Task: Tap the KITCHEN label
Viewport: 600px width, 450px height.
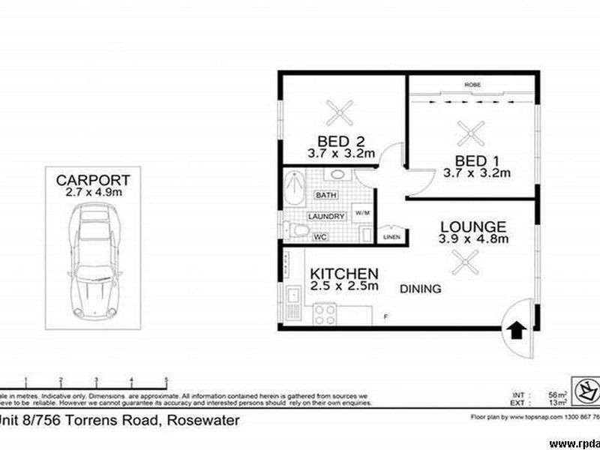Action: tap(344, 274)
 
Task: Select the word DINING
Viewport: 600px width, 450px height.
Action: tap(420, 289)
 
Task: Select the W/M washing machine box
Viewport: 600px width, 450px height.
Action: tap(362, 213)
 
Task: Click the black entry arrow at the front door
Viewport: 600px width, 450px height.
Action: tap(517, 330)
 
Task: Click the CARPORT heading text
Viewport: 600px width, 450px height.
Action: tap(94, 180)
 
